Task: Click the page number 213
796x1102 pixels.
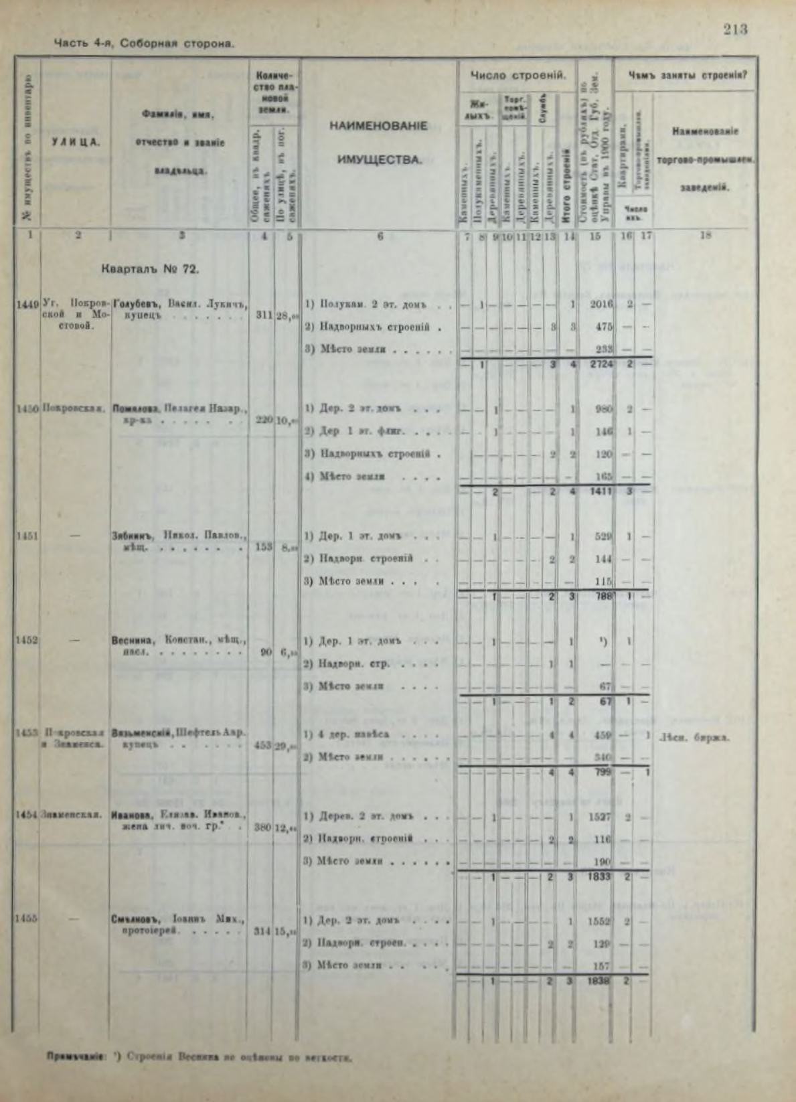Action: click(734, 29)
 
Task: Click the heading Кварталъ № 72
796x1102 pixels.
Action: click(149, 270)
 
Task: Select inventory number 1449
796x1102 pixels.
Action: click(27, 305)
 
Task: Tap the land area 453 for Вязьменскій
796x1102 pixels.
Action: click(262, 745)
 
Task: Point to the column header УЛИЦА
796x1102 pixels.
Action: click(76, 142)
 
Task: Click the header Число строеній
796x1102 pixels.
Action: click(513, 75)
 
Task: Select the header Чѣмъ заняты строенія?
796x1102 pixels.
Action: click(688, 75)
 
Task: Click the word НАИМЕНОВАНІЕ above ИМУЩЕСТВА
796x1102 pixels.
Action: click(379, 126)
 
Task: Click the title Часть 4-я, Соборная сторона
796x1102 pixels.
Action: click(144, 44)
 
